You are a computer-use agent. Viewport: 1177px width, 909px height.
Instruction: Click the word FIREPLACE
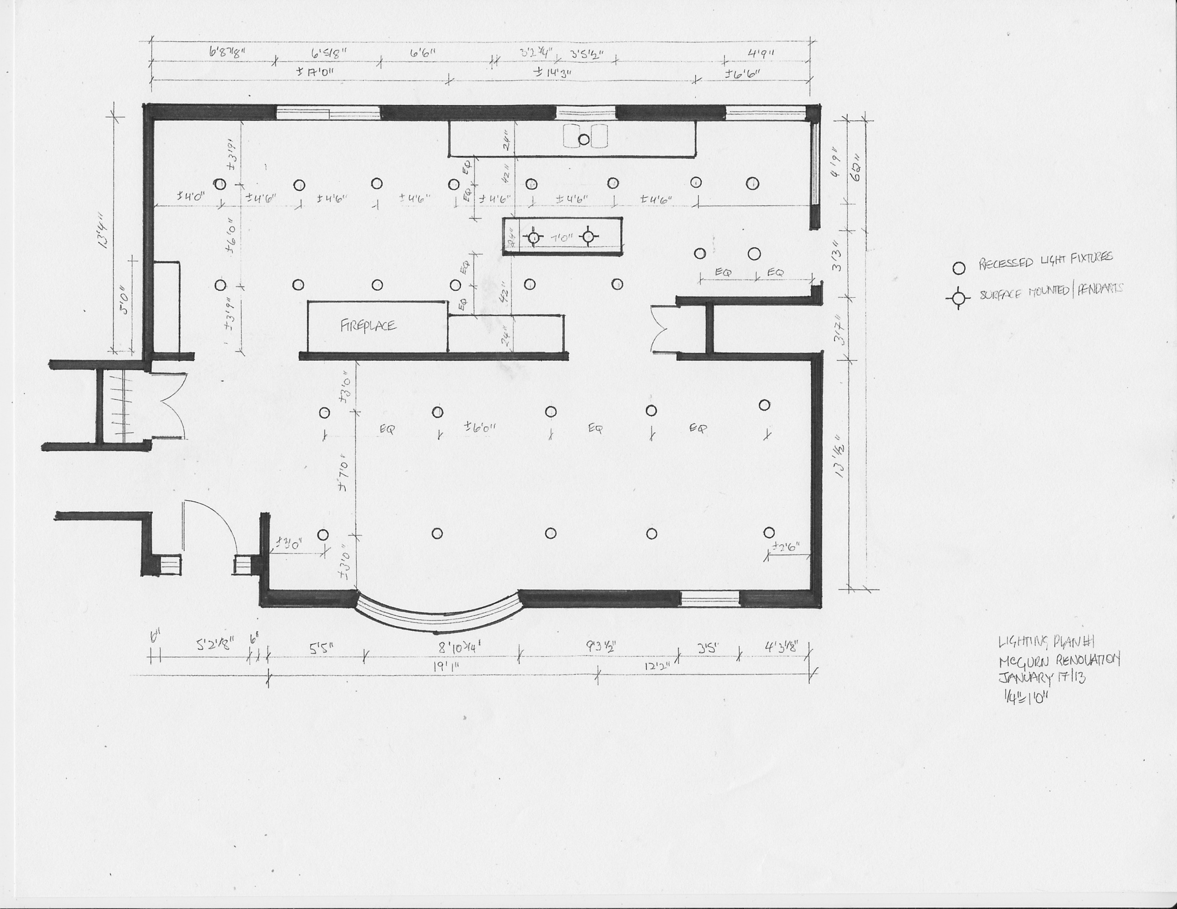tap(368, 325)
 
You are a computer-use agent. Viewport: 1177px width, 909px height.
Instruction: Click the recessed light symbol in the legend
tap(959, 268)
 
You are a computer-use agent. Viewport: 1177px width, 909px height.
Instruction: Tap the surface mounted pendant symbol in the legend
tap(958, 297)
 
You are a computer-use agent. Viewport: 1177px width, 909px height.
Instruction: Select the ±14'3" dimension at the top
tap(552, 72)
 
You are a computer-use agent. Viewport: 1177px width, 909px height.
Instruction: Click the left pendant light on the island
tap(533, 237)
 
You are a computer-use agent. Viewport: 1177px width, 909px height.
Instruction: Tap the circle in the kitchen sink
tap(583, 140)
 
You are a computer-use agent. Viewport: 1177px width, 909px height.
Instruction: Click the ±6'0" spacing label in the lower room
tap(480, 428)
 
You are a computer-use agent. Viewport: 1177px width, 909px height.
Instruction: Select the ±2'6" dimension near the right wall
tap(785, 547)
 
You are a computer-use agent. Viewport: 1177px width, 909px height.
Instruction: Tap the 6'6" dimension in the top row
tap(423, 53)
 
